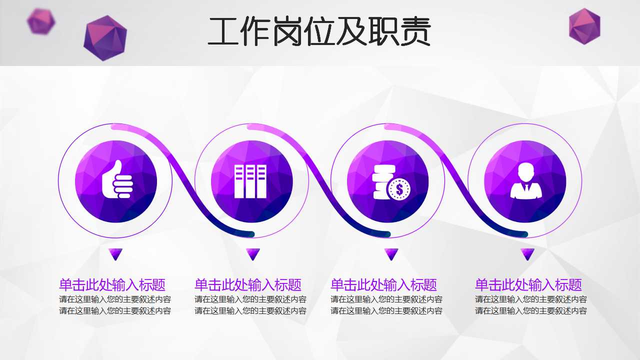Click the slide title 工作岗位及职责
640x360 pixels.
(319, 32)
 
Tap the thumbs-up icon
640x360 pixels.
(117, 179)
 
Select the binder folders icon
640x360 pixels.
(250, 181)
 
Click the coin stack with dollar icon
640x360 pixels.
(390, 182)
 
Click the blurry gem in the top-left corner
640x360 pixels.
(41, 21)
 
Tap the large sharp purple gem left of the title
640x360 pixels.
(105, 37)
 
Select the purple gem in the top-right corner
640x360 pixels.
(584, 26)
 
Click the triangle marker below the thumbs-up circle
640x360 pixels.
(116, 254)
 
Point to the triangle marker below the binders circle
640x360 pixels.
(253, 254)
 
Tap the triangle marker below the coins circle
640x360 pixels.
(391, 254)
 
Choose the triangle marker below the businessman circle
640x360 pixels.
(527, 254)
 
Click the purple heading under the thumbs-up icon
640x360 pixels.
(112, 285)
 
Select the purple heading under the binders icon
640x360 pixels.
(247, 285)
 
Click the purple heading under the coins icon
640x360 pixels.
(383, 285)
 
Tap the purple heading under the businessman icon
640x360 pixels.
(528, 285)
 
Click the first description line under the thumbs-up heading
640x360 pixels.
(115, 299)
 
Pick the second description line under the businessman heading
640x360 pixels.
(530, 311)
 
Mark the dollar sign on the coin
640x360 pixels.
(399, 189)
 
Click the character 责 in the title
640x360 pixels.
(414, 32)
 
